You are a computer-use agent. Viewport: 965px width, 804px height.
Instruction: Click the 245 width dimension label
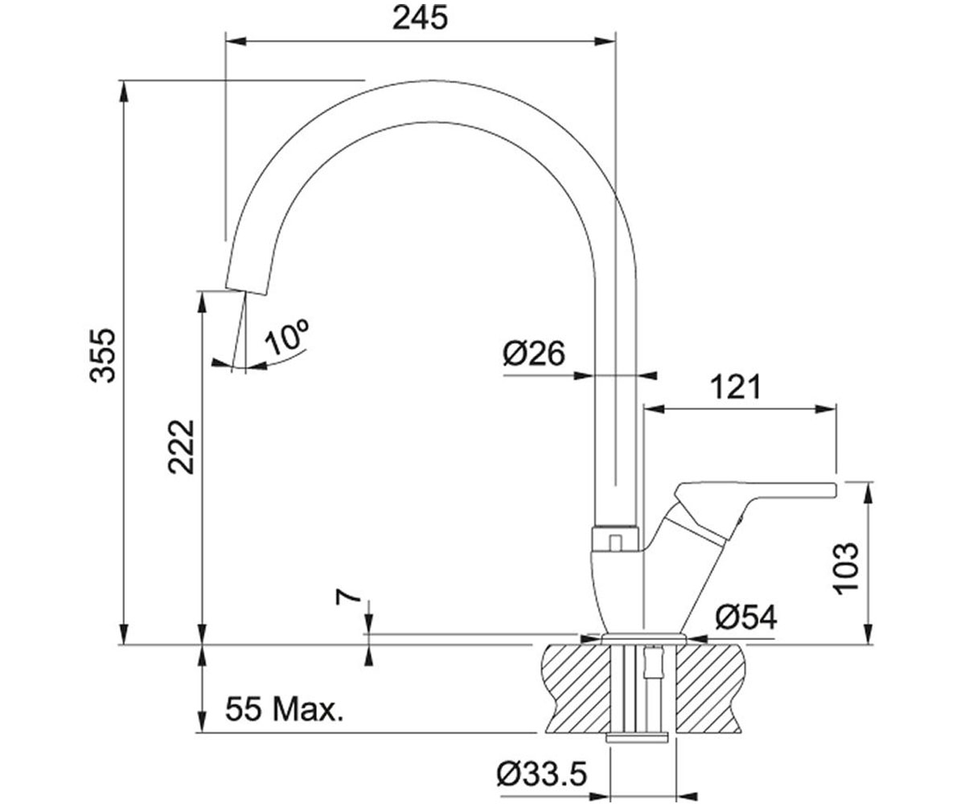tap(420, 19)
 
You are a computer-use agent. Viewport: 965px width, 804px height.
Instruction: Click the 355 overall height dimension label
tap(102, 355)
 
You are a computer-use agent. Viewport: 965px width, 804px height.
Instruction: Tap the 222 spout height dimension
tap(181, 447)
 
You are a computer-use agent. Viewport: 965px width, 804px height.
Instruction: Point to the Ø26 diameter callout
tap(534, 354)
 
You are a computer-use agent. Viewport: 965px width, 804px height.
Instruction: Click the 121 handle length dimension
tap(735, 388)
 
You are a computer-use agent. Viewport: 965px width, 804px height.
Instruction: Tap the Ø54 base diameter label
tap(746, 617)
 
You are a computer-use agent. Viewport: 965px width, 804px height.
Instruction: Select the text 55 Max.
tap(284, 709)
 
